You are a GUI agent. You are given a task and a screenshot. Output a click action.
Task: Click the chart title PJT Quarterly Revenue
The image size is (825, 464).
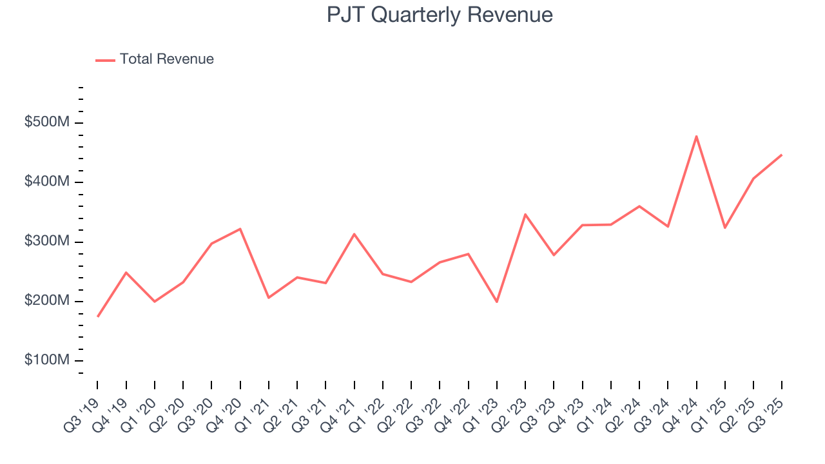pyautogui.click(x=440, y=15)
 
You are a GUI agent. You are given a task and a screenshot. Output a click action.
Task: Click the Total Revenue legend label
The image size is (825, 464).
pyautogui.click(x=166, y=59)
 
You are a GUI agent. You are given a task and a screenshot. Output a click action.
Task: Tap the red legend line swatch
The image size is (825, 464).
pyautogui.click(x=105, y=60)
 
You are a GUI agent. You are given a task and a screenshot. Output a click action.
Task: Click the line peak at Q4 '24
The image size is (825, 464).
pyautogui.click(x=696, y=136)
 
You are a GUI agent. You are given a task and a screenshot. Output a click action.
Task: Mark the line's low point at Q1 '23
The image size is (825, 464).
pyautogui.click(x=497, y=302)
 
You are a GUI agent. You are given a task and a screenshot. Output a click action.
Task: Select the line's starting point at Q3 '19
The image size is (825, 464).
pyautogui.click(x=98, y=316)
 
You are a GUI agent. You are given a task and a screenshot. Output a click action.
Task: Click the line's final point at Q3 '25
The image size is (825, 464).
pyautogui.click(x=782, y=155)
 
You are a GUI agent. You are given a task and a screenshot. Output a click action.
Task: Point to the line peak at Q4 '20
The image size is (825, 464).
pyautogui.click(x=240, y=229)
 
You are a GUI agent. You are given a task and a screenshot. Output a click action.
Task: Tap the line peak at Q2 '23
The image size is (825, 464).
pyautogui.click(x=525, y=214)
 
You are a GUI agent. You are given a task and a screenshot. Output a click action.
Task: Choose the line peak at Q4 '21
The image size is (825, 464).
pyautogui.click(x=354, y=234)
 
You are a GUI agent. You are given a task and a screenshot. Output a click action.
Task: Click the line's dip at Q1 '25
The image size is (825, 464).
pyautogui.click(x=724, y=227)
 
